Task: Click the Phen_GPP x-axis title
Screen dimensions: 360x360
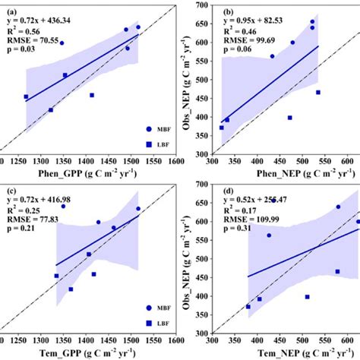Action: pos(90,175)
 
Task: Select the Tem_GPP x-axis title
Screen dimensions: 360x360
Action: pos(90,352)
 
